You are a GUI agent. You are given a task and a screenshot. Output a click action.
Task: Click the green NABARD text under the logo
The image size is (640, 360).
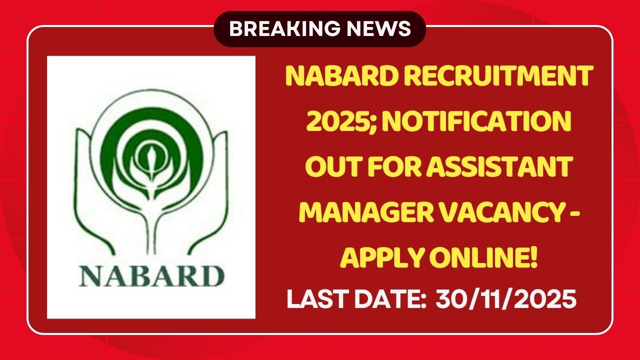tap(150, 276)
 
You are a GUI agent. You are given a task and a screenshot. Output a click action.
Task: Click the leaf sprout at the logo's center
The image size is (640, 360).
tap(150, 155)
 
